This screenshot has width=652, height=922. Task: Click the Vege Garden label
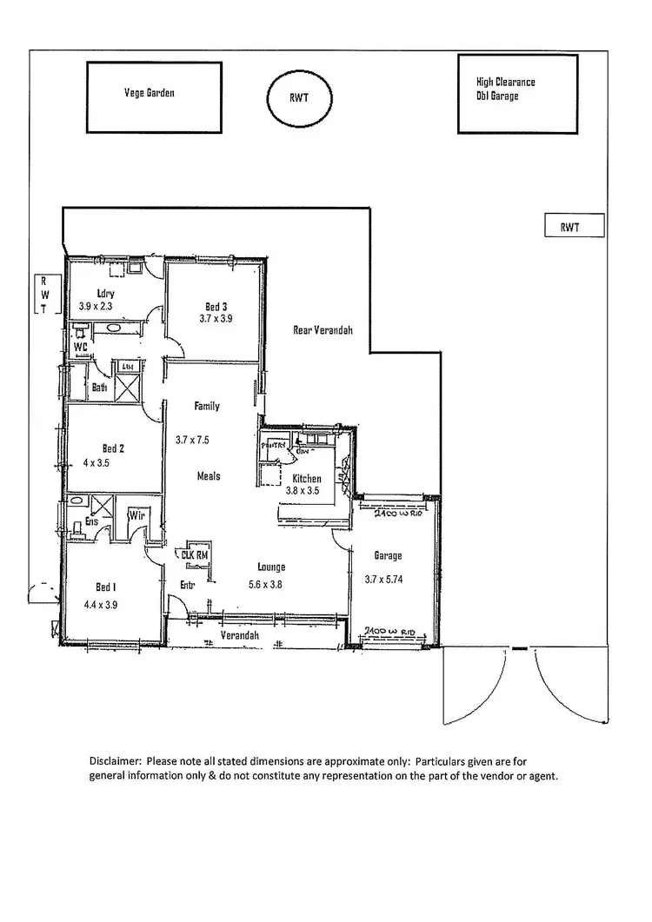pos(149,92)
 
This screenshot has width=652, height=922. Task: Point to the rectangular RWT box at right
pos(569,226)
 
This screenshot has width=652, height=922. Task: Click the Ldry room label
pos(106,294)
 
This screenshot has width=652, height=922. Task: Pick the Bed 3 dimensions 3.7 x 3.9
pos(216,319)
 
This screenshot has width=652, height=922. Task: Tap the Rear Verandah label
pos(322,328)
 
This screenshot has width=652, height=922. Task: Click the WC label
pos(81,347)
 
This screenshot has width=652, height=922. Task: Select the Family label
pos(207,406)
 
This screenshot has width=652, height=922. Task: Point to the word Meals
pos(208,476)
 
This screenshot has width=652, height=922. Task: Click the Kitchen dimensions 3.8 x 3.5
pos(303,491)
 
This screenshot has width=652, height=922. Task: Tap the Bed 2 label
pos(113,448)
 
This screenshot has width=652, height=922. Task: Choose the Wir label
pos(136,516)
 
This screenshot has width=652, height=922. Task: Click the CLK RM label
pos(192,553)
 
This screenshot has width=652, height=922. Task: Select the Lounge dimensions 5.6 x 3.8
pos(265,584)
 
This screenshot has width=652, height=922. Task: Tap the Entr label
pos(188,585)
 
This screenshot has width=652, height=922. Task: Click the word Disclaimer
pos(116,760)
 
